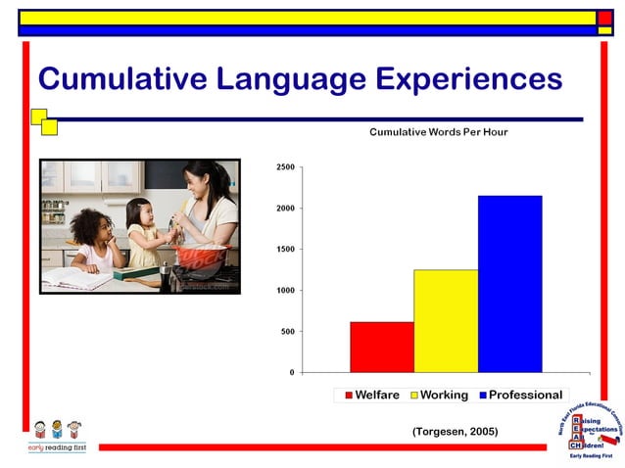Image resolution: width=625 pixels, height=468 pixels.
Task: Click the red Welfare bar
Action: tap(382, 347)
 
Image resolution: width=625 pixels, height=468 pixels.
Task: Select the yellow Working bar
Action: tap(446, 320)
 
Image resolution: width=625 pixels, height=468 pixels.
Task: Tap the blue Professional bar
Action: tap(509, 284)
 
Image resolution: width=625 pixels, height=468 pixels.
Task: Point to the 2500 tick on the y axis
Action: tap(284, 167)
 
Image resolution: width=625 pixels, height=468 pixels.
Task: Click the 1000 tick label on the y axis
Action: tap(284, 291)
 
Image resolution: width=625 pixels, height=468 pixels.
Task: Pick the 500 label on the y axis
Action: tap(286, 332)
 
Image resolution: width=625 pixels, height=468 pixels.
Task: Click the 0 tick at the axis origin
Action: tap(291, 373)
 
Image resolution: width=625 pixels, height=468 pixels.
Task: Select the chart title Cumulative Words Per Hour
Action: tap(438, 131)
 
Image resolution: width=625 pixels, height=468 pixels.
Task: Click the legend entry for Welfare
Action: tap(370, 396)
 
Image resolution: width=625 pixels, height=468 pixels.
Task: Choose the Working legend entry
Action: tap(437, 396)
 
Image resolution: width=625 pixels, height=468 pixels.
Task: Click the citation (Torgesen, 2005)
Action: tap(455, 431)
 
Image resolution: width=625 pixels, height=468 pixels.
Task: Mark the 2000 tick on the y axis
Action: tap(284, 209)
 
